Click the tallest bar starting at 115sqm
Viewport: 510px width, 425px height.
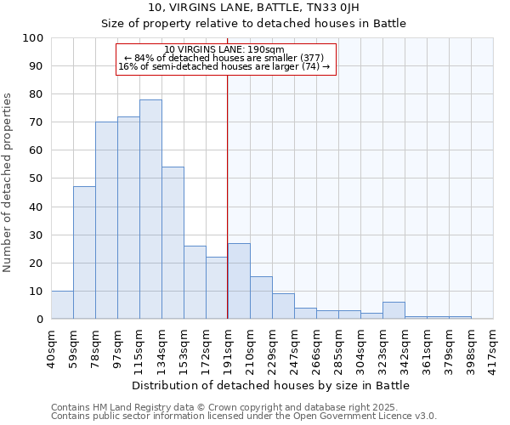click(x=150, y=209)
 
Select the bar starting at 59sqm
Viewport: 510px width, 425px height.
click(x=84, y=252)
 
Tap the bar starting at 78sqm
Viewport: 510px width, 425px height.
click(x=106, y=220)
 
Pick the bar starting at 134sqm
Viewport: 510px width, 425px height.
click(x=173, y=243)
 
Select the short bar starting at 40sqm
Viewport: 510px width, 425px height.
click(x=62, y=305)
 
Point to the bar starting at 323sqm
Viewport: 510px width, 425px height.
click(x=394, y=311)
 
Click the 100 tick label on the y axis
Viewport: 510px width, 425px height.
click(x=33, y=38)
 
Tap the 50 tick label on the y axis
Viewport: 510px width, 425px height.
click(x=37, y=178)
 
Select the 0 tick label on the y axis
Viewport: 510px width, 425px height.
click(x=40, y=319)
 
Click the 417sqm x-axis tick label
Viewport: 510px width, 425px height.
click(x=493, y=345)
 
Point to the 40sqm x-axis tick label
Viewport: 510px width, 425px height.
click(x=52, y=345)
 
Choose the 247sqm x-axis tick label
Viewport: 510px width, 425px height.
click(x=295, y=345)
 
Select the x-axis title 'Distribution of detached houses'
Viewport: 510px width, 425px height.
click(x=271, y=385)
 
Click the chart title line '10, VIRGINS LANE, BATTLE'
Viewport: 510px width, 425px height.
click(x=254, y=8)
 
